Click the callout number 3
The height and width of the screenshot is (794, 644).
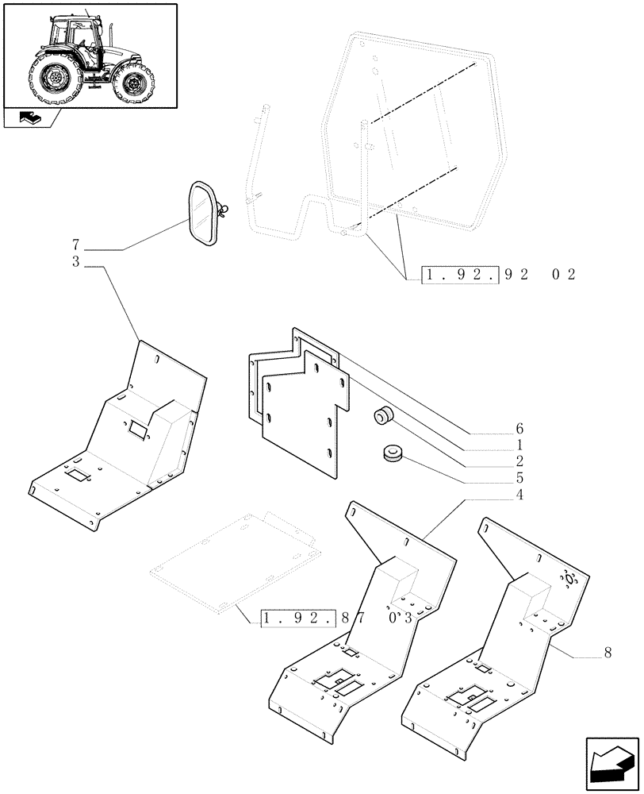(x=76, y=261)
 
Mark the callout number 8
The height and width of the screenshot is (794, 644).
(x=608, y=653)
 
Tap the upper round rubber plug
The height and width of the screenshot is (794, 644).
(x=385, y=415)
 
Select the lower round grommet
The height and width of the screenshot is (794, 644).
(x=392, y=453)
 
